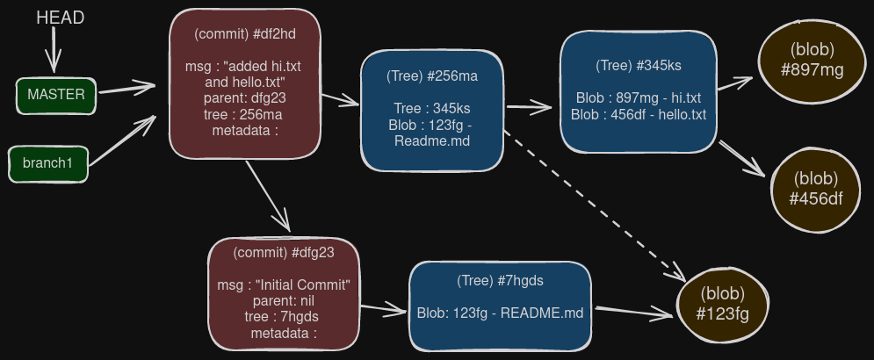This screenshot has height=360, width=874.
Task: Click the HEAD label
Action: pyautogui.click(x=61, y=18)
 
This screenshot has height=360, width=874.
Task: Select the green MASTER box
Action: pyautogui.click(x=55, y=96)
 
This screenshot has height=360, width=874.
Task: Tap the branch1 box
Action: pyautogui.click(x=48, y=164)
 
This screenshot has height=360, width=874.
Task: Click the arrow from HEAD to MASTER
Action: pyautogui.click(x=54, y=49)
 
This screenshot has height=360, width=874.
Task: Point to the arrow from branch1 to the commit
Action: pyautogui.click(x=121, y=140)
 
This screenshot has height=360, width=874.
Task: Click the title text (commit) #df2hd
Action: pyautogui.click(x=245, y=34)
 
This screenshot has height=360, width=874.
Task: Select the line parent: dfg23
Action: pyautogui.click(x=245, y=98)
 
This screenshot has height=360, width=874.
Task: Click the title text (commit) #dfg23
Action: pyautogui.click(x=283, y=253)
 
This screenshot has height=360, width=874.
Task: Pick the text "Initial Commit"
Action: pyautogui.click(x=303, y=284)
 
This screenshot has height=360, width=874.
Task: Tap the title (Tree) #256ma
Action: pyautogui.click(x=432, y=76)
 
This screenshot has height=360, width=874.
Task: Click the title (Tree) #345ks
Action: pyautogui.click(x=639, y=65)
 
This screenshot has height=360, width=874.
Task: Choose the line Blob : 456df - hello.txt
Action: pyautogui.click(x=639, y=115)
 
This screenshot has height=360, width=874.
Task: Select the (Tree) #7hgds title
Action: pyautogui.click(x=500, y=280)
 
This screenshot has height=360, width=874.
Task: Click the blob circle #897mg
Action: pyautogui.click(x=812, y=61)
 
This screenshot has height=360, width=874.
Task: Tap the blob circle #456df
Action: pyautogui.click(x=815, y=190)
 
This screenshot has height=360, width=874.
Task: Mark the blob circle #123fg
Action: pyautogui.click(x=722, y=306)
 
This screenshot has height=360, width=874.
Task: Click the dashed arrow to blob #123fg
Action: pyautogui.click(x=594, y=205)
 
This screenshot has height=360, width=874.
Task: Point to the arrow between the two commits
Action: pyautogui.click(x=268, y=196)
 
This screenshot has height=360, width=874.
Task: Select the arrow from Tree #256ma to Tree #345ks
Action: pyautogui.click(x=530, y=106)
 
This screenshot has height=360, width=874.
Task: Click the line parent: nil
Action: pyautogui.click(x=284, y=301)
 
